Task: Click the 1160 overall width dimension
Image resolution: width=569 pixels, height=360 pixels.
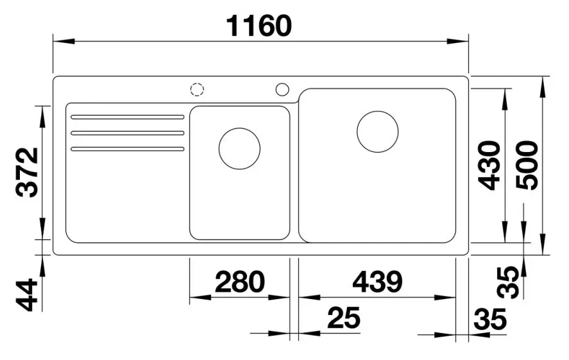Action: [x=259, y=26]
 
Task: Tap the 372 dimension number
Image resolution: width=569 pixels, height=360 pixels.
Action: [x=28, y=173]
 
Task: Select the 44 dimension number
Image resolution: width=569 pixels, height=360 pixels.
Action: [x=28, y=295]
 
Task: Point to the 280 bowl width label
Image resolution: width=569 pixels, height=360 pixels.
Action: [x=240, y=282]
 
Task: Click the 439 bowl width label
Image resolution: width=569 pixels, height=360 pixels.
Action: [x=377, y=282]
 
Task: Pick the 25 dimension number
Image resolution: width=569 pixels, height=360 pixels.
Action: [x=344, y=318]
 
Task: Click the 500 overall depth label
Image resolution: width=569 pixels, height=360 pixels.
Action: [x=527, y=165]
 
